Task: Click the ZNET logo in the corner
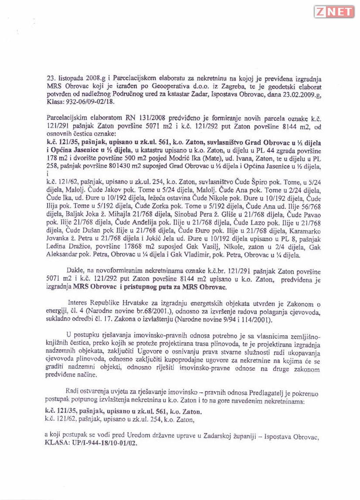click(x=334, y=12)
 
